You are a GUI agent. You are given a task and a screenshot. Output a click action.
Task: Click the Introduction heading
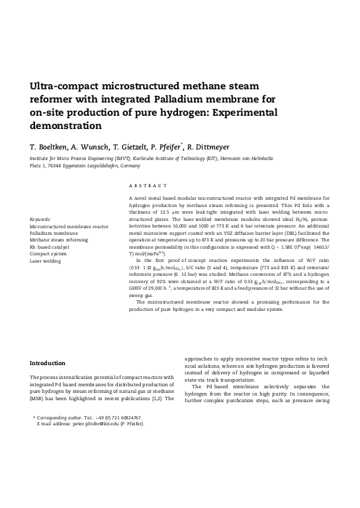click(48, 362)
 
